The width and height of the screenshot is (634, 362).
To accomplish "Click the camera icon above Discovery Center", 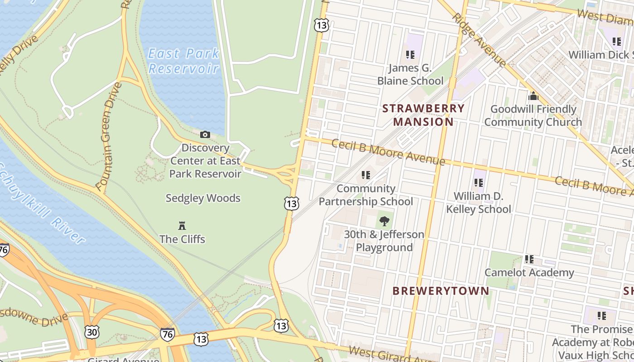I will [x=205, y=134].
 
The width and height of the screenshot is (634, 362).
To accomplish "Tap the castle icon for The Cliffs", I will [x=182, y=225].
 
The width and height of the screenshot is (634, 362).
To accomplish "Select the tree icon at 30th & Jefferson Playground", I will [x=384, y=221].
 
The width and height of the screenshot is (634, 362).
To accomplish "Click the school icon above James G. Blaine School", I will [x=410, y=55].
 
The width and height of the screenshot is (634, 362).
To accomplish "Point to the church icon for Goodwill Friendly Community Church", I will [x=533, y=96].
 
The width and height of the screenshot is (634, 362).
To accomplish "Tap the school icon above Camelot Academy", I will [x=529, y=259].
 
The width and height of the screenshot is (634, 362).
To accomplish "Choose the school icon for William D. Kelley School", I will [x=479, y=183].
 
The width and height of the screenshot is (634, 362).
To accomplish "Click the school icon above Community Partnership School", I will [x=366, y=175].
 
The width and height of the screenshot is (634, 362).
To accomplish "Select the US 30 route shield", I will [x=91, y=332].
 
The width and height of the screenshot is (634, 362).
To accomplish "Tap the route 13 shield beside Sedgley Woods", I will [x=292, y=204].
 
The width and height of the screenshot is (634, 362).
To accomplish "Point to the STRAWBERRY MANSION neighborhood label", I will [x=423, y=115].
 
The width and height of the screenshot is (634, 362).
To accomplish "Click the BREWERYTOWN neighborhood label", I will [x=441, y=291].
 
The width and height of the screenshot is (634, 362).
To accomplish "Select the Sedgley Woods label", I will [x=203, y=198].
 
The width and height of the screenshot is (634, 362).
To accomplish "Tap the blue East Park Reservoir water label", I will [x=183, y=61].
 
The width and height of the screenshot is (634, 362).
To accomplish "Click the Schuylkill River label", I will [x=43, y=204].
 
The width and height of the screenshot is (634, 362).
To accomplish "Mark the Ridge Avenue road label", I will [x=479, y=40].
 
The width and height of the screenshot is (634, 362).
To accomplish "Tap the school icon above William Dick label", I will [x=617, y=42].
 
